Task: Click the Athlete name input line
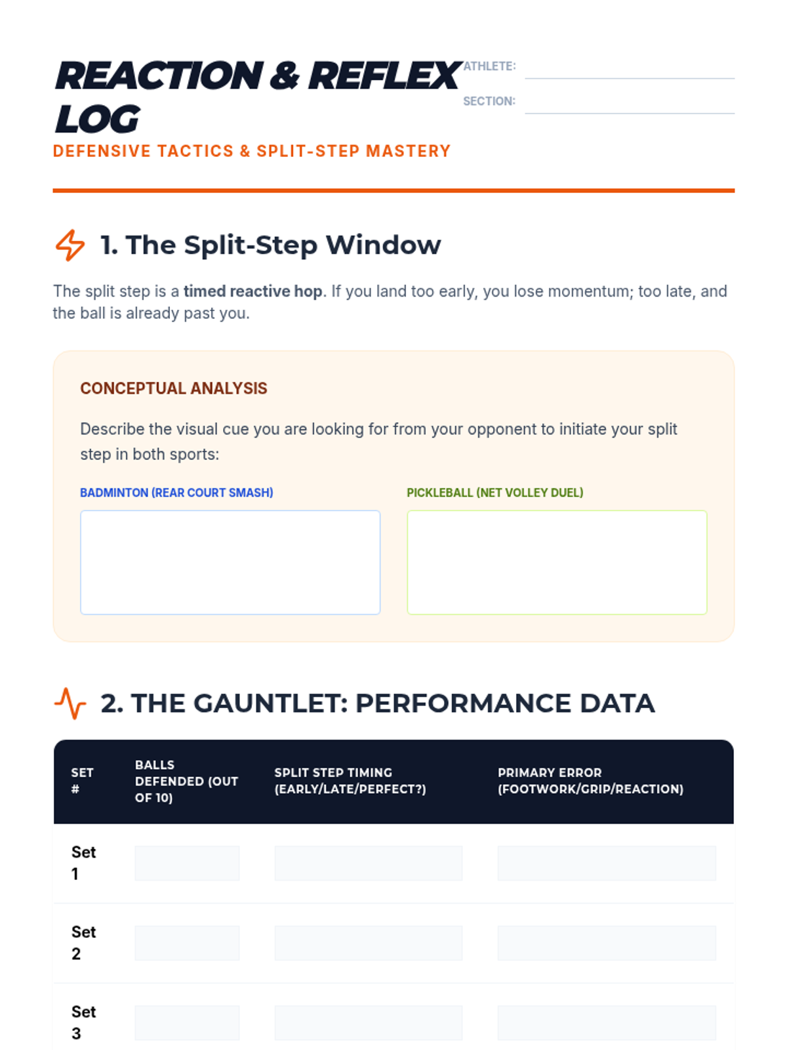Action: (630, 78)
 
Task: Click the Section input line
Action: (630, 113)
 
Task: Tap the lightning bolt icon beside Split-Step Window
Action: (70, 245)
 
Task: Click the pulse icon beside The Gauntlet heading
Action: (70, 703)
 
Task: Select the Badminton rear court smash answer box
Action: (230, 562)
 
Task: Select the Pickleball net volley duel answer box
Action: (557, 562)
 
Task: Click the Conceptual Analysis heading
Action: (173, 388)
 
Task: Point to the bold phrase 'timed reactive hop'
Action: (252, 291)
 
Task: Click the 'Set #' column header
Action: (82, 781)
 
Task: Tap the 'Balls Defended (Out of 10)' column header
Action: (186, 781)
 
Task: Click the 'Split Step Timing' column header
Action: (350, 781)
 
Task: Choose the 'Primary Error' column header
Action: (591, 781)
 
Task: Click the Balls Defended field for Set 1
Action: (187, 862)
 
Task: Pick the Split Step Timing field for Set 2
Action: (369, 942)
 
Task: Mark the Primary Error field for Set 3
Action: (607, 1022)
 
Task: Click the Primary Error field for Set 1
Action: (607, 862)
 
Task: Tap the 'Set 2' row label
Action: (84, 942)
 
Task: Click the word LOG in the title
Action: (98, 119)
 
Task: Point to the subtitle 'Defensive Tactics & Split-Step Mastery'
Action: (252, 151)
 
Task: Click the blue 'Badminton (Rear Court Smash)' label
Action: (176, 493)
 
